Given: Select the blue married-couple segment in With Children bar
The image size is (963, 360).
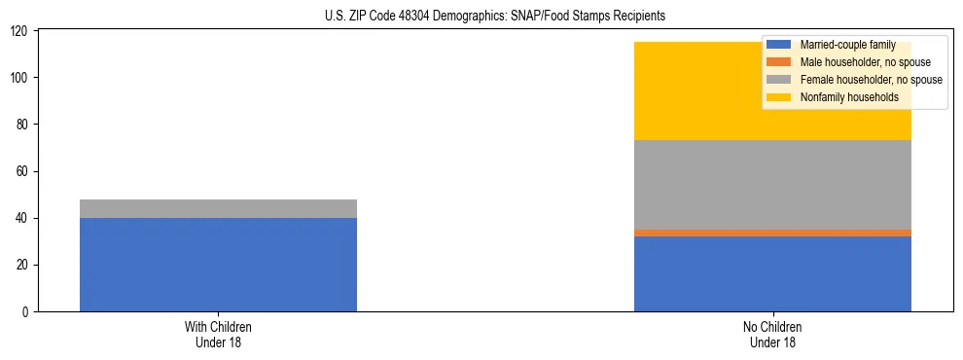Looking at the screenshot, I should [218, 264].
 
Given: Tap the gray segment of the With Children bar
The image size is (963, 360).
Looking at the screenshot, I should [218, 208].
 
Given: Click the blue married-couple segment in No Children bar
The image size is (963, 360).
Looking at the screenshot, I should [772, 273].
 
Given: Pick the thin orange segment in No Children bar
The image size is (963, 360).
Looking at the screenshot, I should [772, 233].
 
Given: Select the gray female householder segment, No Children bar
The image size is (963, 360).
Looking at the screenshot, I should [772, 185].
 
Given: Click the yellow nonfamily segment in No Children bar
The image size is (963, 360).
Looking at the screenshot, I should [681, 91].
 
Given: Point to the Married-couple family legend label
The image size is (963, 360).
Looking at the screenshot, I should [847, 45].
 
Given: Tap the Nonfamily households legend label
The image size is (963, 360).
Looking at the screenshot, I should [849, 97].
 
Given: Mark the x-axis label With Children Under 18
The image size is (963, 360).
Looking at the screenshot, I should [218, 334].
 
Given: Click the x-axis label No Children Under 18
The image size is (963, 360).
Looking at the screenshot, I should [772, 334].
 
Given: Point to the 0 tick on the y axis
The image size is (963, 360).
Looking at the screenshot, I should [26, 311].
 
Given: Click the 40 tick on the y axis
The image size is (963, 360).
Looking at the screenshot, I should [23, 218].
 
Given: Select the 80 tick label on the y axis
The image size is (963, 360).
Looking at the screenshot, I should [23, 125].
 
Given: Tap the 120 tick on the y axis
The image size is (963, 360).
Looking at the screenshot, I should [20, 31].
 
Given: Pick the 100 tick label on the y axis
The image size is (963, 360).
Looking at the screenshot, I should [20, 78].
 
